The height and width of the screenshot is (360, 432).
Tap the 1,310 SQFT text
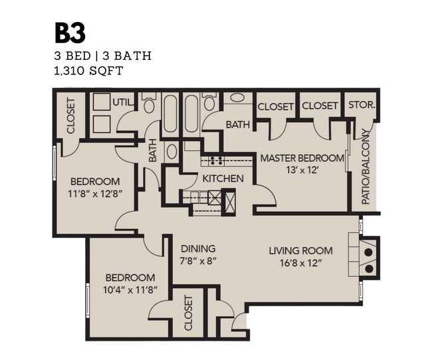point(88,71)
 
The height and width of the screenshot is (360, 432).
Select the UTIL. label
point(124,102)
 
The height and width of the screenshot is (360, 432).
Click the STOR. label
point(362,106)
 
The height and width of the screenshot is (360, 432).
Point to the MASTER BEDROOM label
point(302,158)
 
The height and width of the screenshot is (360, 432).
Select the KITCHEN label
point(223,179)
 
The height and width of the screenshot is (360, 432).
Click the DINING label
point(197,250)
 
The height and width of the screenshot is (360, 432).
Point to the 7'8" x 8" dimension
point(197,262)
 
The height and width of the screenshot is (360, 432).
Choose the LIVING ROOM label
point(300,250)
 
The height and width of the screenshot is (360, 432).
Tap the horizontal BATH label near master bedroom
point(237,124)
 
